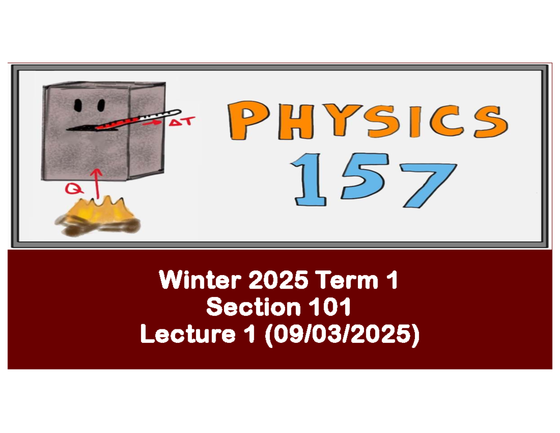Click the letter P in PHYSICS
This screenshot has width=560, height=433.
click(246, 121)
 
